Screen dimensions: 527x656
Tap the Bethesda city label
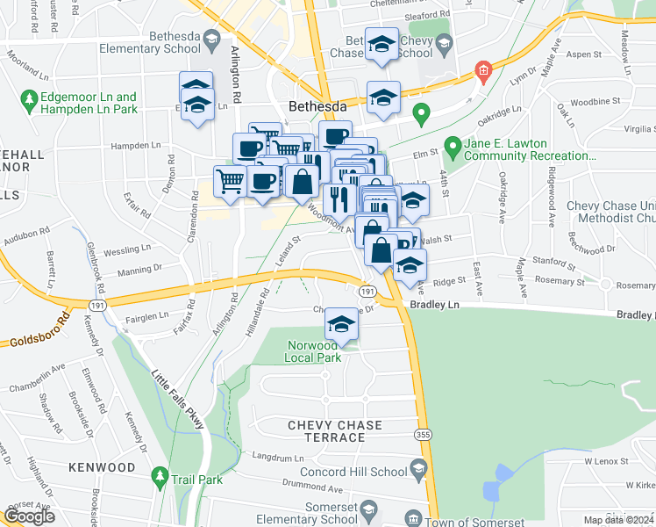[x=318, y=106]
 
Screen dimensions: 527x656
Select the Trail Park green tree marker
[x=160, y=477]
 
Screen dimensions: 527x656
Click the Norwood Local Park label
[x=323, y=351]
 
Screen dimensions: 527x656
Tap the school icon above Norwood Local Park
[x=341, y=325]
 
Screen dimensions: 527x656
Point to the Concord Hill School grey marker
[x=418, y=467]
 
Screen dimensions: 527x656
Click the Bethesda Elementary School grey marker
[x=211, y=39]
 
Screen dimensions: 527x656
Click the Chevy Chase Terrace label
[x=335, y=432]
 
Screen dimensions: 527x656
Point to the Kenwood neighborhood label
[x=103, y=466]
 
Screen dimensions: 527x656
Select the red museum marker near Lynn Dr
[x=481, y=70]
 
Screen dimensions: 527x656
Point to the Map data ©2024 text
[x=618, y=520]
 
